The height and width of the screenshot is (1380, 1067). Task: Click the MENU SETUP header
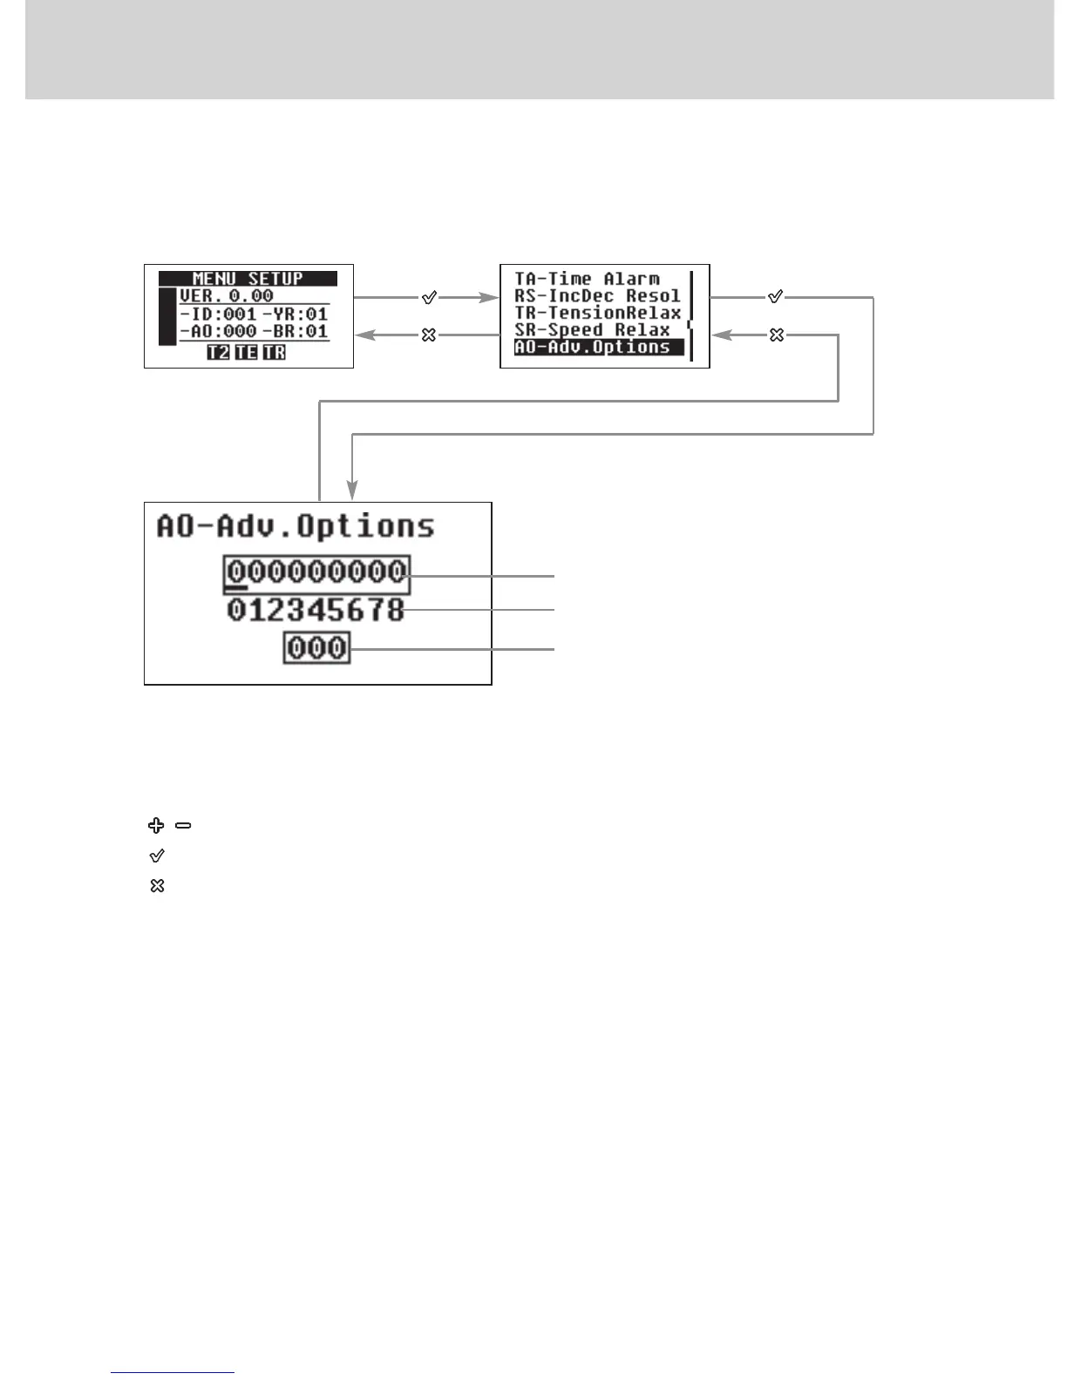pos(248,279)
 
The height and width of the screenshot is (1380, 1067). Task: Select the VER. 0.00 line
pos(227,296)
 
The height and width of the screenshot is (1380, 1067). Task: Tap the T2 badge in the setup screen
pos(218,352)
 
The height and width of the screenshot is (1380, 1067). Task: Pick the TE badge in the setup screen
pos(246,352)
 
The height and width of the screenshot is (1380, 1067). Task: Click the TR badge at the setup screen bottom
pos(274,352)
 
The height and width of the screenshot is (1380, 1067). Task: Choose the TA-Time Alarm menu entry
pos(587,279)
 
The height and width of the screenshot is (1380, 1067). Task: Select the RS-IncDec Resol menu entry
pos(597,296)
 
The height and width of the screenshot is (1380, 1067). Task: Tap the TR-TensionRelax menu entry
pos(597,313)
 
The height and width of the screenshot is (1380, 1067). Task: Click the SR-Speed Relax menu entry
pos(592,330)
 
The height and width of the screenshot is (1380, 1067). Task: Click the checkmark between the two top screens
pos(429,298)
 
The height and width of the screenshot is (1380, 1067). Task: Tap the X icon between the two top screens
pos(428,335)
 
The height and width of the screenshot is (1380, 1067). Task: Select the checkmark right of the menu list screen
pos(775,297)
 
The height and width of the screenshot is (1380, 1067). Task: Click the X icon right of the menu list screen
pos(777,335)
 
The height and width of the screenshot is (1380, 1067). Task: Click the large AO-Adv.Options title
pos(296,526)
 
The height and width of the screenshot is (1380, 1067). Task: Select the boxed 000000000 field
pos(316,572)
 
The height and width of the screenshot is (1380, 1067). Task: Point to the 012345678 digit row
pos(316,610)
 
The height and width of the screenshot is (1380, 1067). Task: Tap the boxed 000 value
pos(316,648)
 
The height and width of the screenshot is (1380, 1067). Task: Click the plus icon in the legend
pos(156,825)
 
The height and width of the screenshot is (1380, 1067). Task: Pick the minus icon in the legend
pos(183,825)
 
